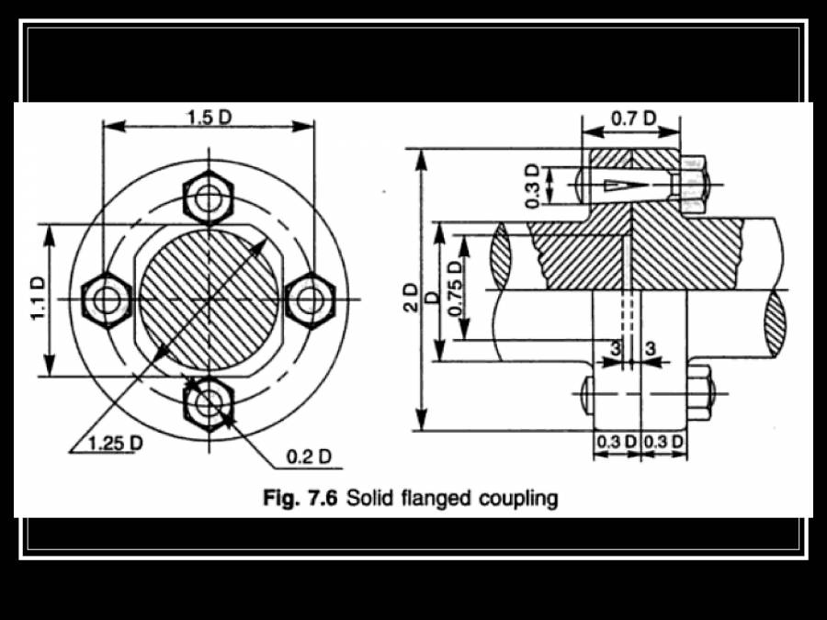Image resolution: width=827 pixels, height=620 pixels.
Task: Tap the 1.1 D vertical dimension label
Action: (x=38, y=299)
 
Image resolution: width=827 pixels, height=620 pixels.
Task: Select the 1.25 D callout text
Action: (x=116, y=443)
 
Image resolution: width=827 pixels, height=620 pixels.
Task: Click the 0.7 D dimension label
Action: (x=634, y=118)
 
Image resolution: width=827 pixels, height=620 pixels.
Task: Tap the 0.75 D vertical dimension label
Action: (x=456, y=287)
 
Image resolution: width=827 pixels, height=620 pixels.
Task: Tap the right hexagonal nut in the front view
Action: (x=311, y=299)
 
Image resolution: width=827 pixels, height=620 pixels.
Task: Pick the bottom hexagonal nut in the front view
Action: (x=210, y=400)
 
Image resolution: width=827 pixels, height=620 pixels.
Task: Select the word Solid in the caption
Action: (x=369, y=499)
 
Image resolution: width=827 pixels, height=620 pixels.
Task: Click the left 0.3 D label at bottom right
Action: (x=616, y=442)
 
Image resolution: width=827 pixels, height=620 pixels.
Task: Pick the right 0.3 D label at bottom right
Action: (x=664, y=442)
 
